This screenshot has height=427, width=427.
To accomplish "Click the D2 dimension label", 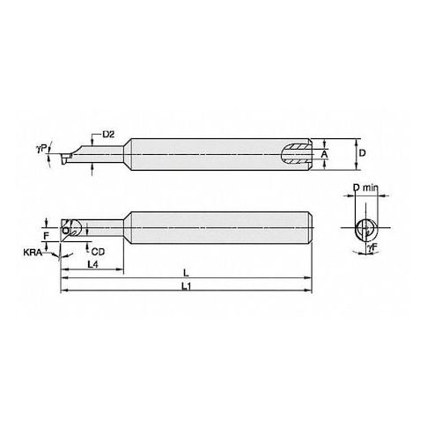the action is point(108,135).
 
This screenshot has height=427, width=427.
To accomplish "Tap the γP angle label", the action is point(41,149).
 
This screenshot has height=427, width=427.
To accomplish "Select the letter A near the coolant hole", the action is point(324,154).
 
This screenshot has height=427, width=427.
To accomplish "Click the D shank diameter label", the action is point(363,153).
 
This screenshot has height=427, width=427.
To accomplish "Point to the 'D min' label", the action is point(365,188).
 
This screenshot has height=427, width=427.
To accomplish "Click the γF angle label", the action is point(372,248).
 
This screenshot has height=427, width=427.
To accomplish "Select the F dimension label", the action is point(46,235).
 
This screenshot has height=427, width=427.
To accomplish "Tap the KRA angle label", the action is point(33,252).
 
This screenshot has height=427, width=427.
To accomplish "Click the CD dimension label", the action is point(98,252).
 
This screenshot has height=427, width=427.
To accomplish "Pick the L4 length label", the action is point(92,264).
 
